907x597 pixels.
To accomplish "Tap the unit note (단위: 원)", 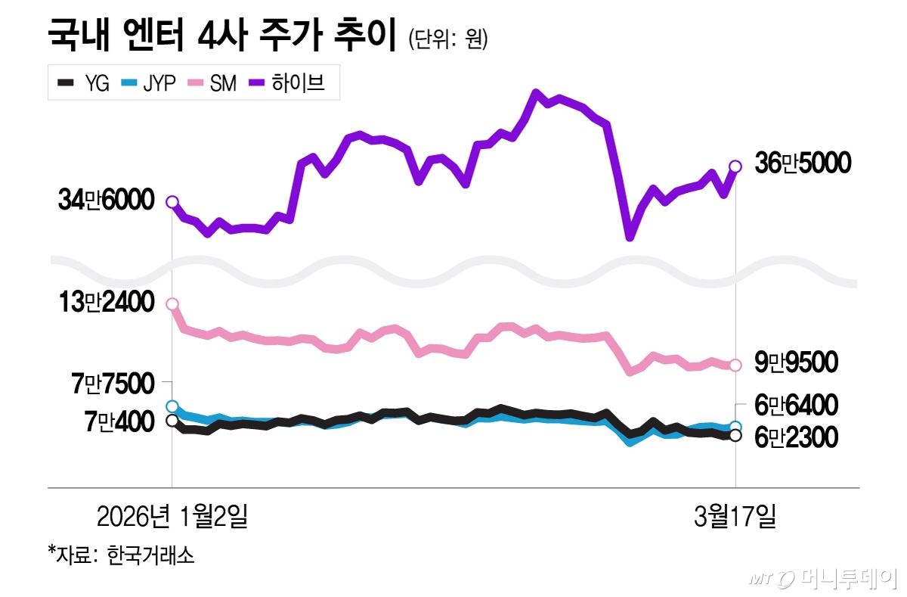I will tap(447, 39).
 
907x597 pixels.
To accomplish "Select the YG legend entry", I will tap(83, 83).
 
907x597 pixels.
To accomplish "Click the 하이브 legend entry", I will tap(292, 83).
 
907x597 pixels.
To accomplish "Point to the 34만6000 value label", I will tap(107, 201).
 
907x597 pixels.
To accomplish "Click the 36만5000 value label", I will tap(803, 163).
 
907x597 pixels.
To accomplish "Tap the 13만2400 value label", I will tap(107, 303).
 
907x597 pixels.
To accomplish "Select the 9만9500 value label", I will tap(796, 363).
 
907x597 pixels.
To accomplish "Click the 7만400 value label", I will tap(119, 421).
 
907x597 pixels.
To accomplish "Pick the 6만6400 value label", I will tap(796, 406).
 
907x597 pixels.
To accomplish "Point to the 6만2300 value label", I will tap(796, 437).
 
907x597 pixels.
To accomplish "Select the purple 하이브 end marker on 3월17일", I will tap(735, 166).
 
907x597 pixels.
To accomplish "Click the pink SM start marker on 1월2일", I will tap(172, 304).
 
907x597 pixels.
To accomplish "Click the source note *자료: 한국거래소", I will tap(121, 555).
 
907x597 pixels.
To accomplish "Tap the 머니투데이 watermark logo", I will tap(824, 579).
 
